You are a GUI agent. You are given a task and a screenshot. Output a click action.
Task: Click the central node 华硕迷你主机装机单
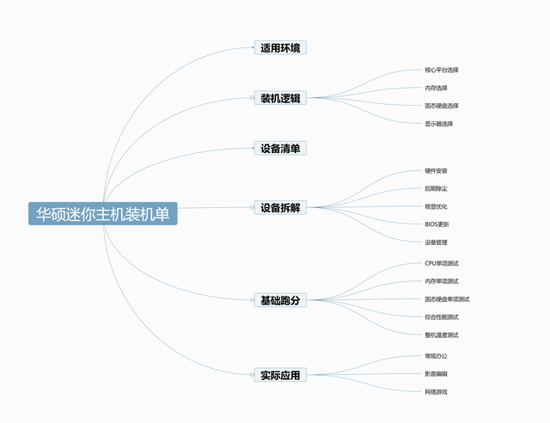[x=103, y=213]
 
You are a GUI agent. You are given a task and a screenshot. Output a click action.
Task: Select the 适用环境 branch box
[x=280, y=48]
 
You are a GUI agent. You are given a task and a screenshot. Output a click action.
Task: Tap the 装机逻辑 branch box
[x=280, y=98]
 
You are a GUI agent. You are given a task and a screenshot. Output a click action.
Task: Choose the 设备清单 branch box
[x=280, y=148]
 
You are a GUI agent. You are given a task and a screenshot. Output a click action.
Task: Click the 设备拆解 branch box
[x=280, y=207]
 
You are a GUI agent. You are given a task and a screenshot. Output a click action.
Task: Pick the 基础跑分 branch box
[x=280, y=300]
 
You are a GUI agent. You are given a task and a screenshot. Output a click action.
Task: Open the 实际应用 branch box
[x=280, y=375]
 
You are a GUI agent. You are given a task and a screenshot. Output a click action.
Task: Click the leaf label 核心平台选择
[x=442, y=70]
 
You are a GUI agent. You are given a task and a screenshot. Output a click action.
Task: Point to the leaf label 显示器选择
[x=439, y=124]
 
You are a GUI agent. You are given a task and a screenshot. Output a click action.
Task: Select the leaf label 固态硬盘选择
[x=442, y=106]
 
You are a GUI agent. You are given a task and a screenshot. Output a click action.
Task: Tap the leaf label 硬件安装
[x=436, y=171]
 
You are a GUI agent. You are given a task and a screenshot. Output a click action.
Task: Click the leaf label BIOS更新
[x=437, y=224]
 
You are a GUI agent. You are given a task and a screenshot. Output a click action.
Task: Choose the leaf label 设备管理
[x=436, y=242]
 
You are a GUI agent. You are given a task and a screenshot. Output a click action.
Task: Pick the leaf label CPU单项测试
[x=442, y=263]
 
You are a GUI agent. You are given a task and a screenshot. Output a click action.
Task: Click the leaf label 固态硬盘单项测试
[x=447, y=299]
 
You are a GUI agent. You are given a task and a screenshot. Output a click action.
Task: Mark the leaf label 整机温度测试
[x=442, y=335]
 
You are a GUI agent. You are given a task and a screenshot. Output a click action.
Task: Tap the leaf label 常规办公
[x=436, y=356]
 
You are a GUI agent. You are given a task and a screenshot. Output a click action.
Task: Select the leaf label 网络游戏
[x=436, y=392]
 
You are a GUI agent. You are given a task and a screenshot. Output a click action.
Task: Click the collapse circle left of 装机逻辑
[x=252, y=98]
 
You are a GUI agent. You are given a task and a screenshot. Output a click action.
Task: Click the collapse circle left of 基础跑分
[x=252, y=300]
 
